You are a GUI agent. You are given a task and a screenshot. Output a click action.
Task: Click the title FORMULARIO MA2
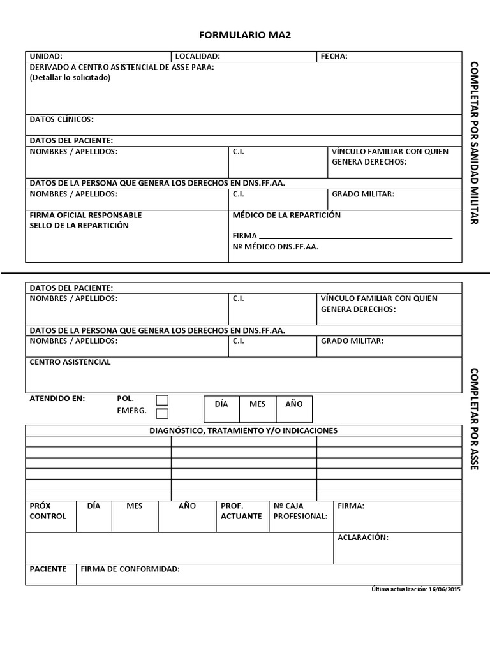pos(245,36)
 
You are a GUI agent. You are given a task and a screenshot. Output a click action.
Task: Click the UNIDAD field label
pos(46,56)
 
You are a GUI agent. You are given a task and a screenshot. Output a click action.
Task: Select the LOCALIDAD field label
pos(198,56)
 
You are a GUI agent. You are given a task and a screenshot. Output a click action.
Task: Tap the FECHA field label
pos(334,56)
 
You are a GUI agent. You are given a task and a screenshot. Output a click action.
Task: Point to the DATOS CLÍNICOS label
pos(61,119)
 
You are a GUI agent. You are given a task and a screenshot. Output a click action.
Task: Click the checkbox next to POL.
pos(163,400)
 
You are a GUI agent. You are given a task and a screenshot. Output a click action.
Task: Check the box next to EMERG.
pos(163,413)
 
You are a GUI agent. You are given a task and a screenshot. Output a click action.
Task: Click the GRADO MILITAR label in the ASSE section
pos(352,341)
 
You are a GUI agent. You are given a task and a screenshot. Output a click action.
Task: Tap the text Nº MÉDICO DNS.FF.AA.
pos(275,247)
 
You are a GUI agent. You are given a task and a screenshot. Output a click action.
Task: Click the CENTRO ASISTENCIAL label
pos(70,362)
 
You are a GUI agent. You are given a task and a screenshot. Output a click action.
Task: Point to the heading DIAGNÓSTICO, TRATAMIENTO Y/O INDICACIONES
pos(244,430)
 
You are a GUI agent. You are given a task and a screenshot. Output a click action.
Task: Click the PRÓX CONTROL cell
pos(48,511)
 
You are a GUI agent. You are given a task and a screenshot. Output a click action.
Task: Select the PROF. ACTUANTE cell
pos(241,511)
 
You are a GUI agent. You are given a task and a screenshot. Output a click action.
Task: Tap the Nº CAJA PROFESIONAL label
pos(300,511)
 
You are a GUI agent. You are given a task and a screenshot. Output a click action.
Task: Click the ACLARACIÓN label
pos(362,538)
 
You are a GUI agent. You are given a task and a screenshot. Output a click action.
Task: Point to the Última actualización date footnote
pos(415,589)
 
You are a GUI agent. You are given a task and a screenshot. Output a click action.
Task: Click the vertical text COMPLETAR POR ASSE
pos(474,418)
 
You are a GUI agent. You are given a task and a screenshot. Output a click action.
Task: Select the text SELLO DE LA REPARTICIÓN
pos(79,225)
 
